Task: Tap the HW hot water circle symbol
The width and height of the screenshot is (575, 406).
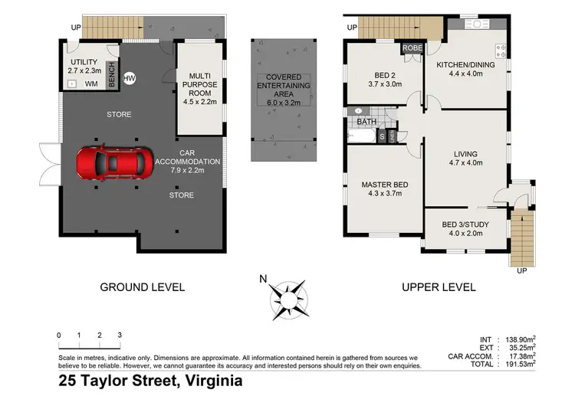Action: point(129,77)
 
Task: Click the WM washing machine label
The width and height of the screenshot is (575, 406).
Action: point(90,83)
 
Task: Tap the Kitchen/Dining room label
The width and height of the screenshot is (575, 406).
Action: point(465,65)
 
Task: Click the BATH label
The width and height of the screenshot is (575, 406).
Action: point(366,121)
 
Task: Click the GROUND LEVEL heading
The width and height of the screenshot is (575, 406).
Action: point(143,287)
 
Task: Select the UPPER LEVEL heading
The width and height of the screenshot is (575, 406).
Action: point(438,287)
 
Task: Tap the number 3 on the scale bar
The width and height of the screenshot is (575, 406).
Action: point(120,336)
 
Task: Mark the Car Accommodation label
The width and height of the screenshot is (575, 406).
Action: point(188,162)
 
